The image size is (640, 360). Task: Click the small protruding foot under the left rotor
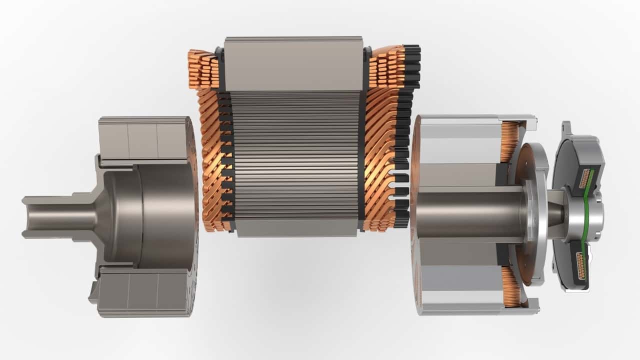pos(93,295)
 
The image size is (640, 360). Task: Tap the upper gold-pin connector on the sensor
pos(584,178)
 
